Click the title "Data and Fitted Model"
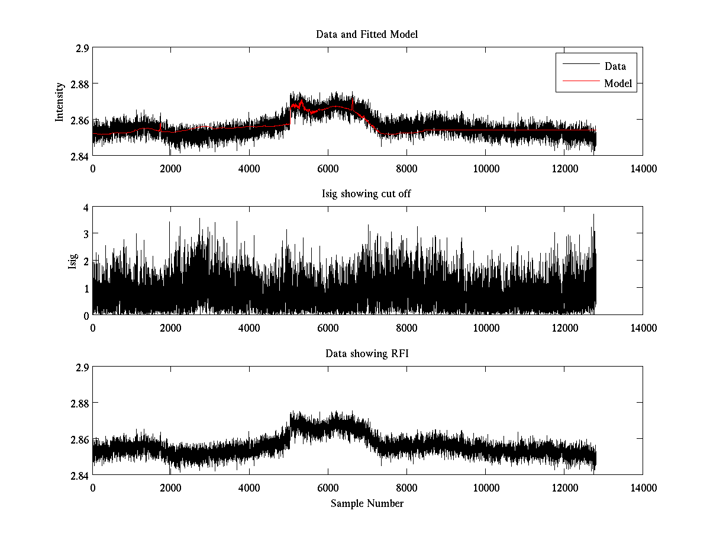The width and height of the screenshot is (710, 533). pyautogui.click(x=367, y=34)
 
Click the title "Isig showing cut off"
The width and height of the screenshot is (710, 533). pyautogui.click(x=367, y=194)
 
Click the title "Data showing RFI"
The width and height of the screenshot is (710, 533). pyautogui.click(x=367, y=354)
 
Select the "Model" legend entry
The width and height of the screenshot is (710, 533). pyautogui.click(x=618, y=84)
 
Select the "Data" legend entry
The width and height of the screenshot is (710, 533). pyautogui.click(x=615, y=66)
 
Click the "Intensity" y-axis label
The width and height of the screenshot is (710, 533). pyautogui.click(x=60, y=102)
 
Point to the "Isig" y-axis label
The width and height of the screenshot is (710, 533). pyautogui.click(x=72, y=261)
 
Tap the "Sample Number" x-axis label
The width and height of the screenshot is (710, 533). pyautogui.click(x=367, y=503)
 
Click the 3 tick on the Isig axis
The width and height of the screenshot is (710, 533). pyautogui.click(x=85, y=234)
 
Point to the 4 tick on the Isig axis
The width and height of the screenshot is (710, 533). pyautogui.click(x=85, y=207)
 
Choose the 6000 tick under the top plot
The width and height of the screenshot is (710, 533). pyautogui.click(x=328, y=168)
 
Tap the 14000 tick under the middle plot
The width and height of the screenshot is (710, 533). pyautogui.click(x=643, y=327)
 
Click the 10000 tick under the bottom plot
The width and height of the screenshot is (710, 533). pyautogui.click(x=485, y=487)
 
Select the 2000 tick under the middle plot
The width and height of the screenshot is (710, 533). pyautogui.click(x=171, y=327)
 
